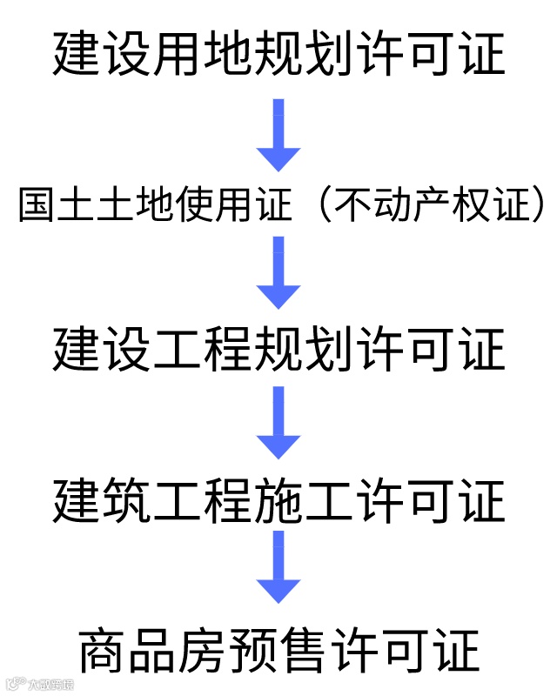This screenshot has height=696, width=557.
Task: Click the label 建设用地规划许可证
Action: tap(278, 54)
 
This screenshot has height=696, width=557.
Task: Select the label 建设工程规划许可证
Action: tap(278, 350)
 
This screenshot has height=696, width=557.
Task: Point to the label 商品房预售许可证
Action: tap(278, 651)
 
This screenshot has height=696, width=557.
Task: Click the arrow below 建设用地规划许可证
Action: tap(278, 134)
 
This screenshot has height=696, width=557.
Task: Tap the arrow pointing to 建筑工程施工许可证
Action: tap(278, 423)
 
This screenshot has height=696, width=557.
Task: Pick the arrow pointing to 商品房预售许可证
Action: tap(278, 567)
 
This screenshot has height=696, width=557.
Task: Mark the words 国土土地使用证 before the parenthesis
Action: tap(155, 208)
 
